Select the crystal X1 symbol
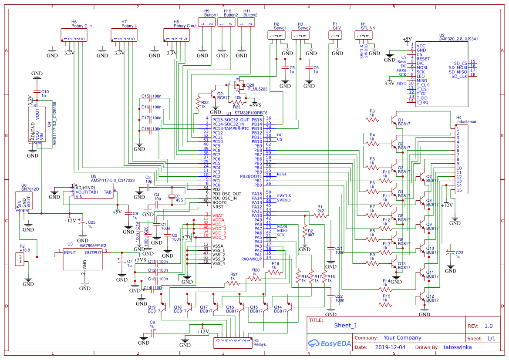172,197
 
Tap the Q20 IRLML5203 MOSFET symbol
239,85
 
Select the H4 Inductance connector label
466,120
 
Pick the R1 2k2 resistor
320,215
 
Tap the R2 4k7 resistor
304,232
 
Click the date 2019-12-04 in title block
390,347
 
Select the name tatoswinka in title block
457,347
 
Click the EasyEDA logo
328,343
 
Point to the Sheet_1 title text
346,325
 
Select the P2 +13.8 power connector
20,259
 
